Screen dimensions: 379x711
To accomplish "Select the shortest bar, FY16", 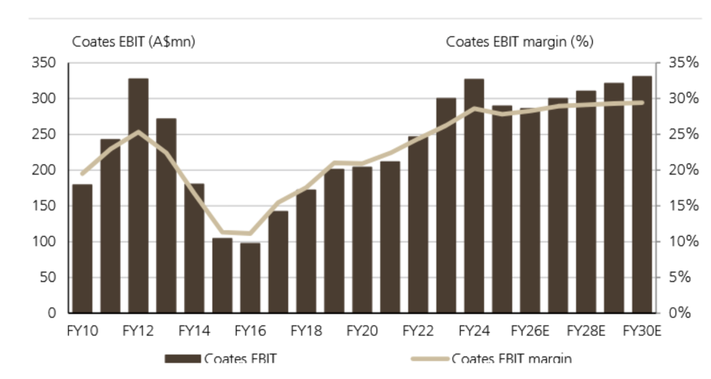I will point(250,278).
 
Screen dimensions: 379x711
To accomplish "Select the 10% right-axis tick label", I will point(677,242).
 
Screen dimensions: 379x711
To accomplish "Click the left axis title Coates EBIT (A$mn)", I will point(134,42).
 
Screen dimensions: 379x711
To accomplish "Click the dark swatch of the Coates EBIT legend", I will point(182,359).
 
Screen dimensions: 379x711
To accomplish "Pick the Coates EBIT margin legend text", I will point(512,359).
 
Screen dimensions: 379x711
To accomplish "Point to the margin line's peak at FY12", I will point(139,131).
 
